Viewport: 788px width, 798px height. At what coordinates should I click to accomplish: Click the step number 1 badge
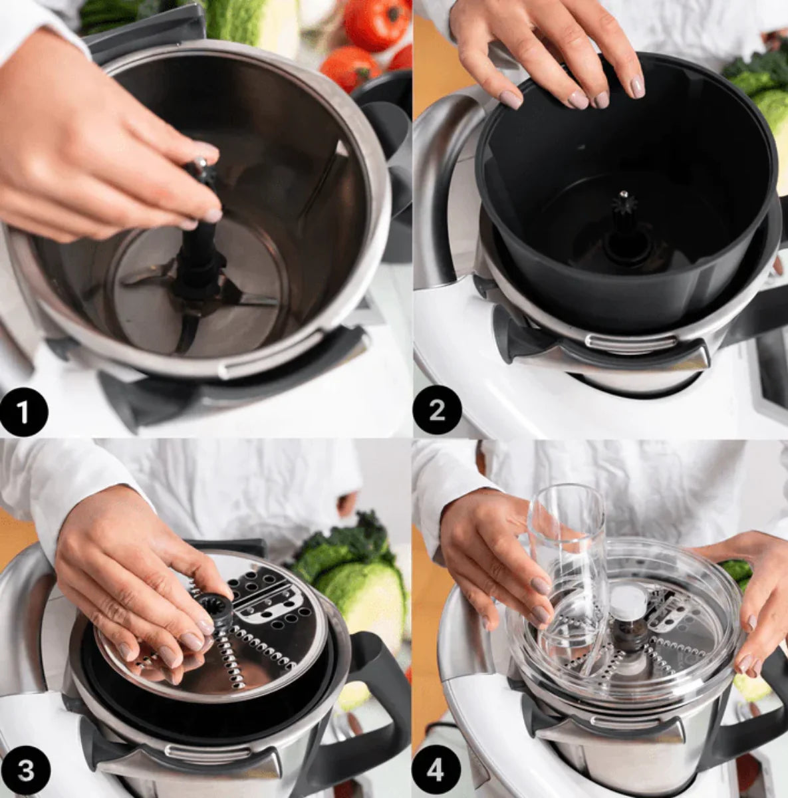click(x=24, y=412)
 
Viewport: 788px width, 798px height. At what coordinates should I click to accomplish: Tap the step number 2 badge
click(x=437, y=411)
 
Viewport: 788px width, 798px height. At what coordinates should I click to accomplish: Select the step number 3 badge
click(x=26, y=771)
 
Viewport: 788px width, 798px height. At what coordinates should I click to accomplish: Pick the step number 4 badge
click(x=436, y=771)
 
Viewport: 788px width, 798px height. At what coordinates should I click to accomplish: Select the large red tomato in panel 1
click(x=377, y=23)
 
